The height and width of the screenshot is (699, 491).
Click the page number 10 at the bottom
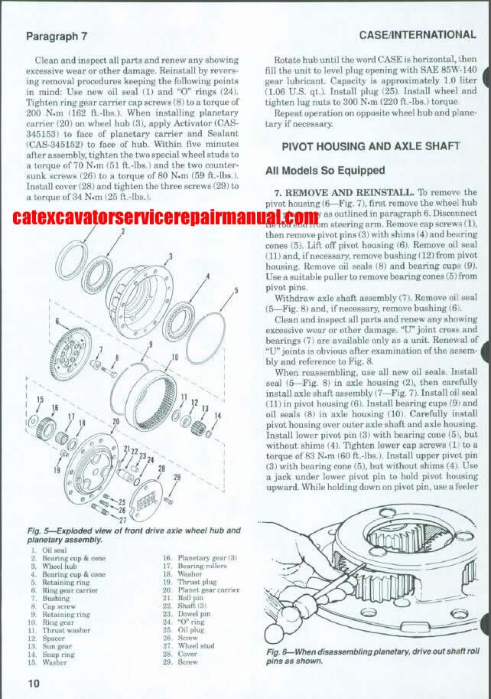(33, 683)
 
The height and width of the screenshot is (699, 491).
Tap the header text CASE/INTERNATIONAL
(417, 34)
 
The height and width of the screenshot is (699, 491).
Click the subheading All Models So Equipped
(325, 170)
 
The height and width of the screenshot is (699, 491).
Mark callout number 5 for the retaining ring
(237, 290)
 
